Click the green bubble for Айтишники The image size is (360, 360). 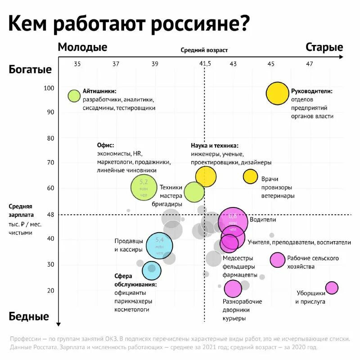click(74, 95)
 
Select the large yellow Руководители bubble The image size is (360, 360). click(277, 93)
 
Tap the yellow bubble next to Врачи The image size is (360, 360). click(250, 176)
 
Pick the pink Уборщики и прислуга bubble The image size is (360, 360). click(332, 288)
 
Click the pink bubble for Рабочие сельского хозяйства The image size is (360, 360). click(278, 260)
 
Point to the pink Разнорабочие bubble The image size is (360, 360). click(233, 288)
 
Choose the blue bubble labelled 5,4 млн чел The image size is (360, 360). click(160, 246)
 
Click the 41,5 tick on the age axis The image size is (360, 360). click(205, 64)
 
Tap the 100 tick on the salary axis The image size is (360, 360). click(48, 88)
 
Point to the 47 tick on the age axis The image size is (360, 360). click(309, 64)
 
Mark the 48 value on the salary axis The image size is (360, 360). click(50, 215)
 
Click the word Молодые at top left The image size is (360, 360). click(82, 47)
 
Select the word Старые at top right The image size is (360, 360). click(324, 47)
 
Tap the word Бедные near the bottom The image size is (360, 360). click(29, 316)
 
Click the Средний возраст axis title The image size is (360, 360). click(204, 50)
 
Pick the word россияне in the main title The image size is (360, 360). click(199, 23)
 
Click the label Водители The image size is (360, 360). click(263, 220)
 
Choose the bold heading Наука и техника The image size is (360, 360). click(214, 146)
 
